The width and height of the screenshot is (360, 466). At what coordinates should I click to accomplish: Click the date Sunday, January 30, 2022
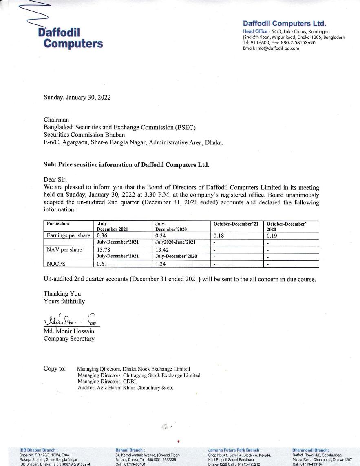[77, 98]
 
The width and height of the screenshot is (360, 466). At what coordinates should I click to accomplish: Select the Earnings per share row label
[68, 235]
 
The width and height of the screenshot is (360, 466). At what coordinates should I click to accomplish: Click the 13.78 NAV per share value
[104, 250]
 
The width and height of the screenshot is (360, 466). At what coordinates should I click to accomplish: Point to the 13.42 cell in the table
[162, 250]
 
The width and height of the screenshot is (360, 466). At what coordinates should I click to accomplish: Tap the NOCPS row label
[55, 264]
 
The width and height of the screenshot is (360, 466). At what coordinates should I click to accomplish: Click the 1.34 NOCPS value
[161, 264]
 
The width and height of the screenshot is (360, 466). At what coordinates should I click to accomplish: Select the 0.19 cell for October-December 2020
[272, 235]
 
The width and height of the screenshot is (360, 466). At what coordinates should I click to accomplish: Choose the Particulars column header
[58, 224]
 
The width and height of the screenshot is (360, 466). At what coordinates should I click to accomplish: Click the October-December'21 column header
[236, 224]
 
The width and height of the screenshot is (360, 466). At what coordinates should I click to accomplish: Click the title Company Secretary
[69, 339]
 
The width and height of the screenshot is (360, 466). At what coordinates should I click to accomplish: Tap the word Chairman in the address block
[56, 120]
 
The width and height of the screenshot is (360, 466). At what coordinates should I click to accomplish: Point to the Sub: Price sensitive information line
[126, 165]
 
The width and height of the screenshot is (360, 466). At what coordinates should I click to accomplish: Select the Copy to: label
[55, 368]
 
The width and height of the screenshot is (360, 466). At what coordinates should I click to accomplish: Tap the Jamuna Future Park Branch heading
[234, 450]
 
